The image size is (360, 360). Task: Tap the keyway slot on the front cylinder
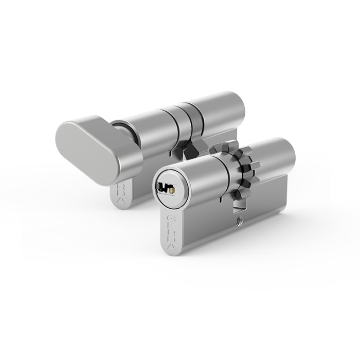tap(166, 187)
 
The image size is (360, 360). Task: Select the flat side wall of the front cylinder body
tap(216, 226)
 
